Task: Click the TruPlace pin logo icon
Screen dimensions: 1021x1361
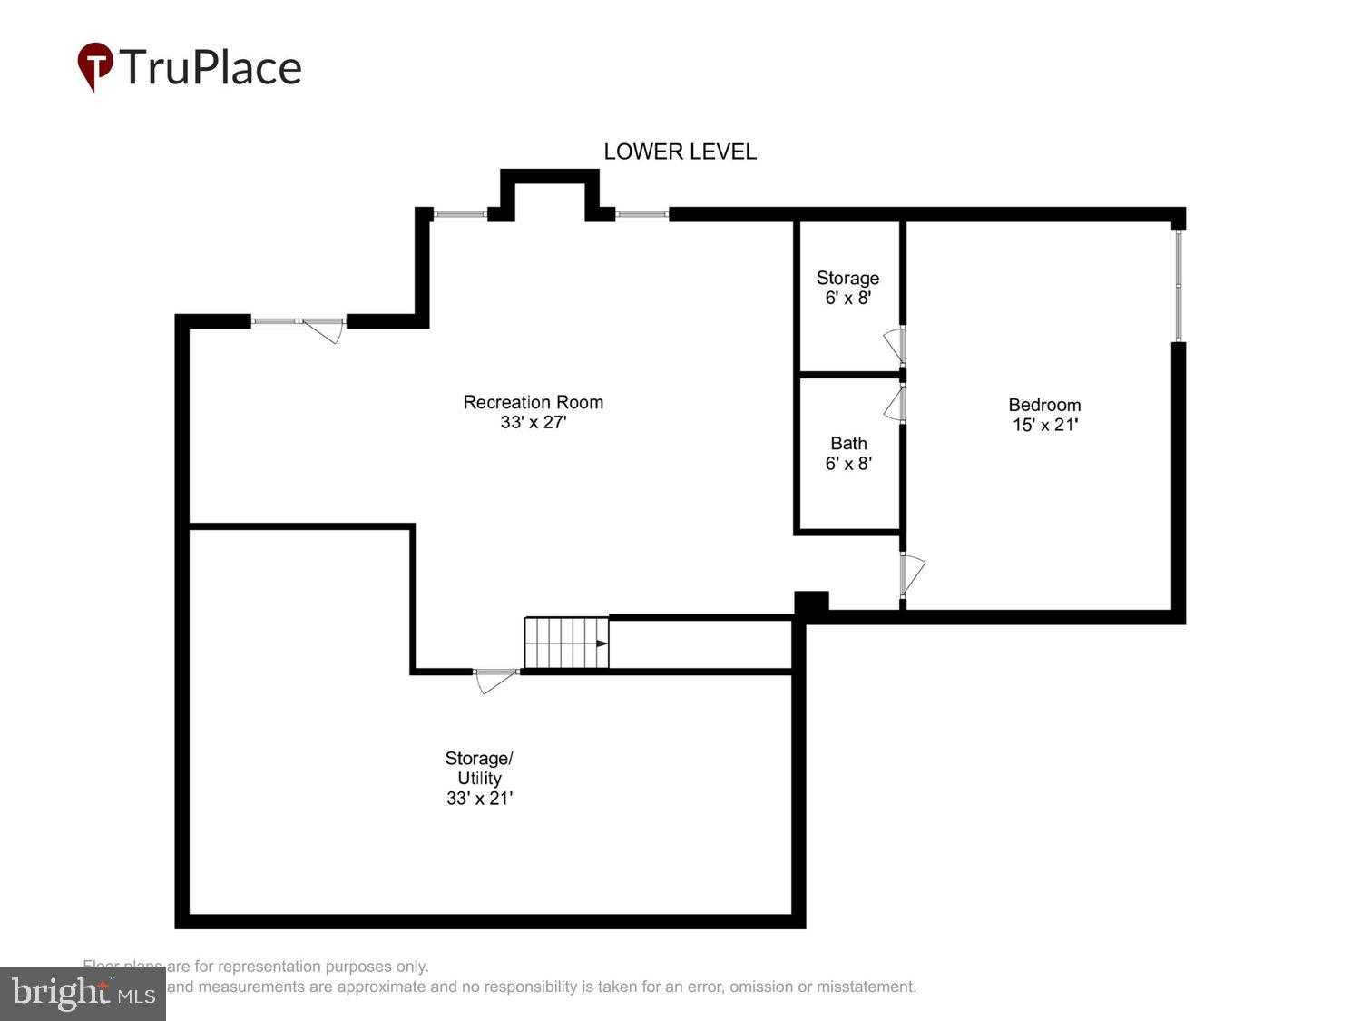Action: pyautogui.click(x=95, y=66)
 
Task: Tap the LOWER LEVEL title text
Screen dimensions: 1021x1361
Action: pyautogui.click(x=680, y=152)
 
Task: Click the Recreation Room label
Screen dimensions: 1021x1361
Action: pyautogui.click(x=533, y=402)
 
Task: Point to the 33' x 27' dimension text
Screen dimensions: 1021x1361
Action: pyautogui.click(x=533, y=423)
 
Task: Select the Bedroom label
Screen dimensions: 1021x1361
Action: pyautogui.click(x=1044, y=405)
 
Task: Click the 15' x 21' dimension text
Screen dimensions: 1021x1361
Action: pyautogui.click(x=1044, y=425)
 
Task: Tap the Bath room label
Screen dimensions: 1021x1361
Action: pyautogui.click(x=848, y=443)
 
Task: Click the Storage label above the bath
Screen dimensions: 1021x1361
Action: pyautogui.click(x=847, y=278)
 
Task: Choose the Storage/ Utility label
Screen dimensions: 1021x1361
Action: pyautogui.click(x=479, y=768)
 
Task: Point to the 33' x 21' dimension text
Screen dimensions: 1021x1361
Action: pyautogui.click(x=479, y=799)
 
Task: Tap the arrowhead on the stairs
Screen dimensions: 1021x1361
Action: pyautogui.click(x=602, y=643)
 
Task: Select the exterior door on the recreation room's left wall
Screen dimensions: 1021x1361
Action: pyautogui.click(x=322, y=329)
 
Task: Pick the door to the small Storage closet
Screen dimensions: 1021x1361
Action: pyautogui.click(x=895, y=345)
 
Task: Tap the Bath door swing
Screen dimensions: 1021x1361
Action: pyautogui.click(x=895, y=404)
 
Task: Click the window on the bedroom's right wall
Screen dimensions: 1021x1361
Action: pyautogui.click(x=1178, y=286)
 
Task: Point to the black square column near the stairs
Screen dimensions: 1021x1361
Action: pyautogui.click(x=811, y=604)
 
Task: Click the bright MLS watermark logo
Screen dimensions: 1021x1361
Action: pyautogui.click(x=83, y=993)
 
